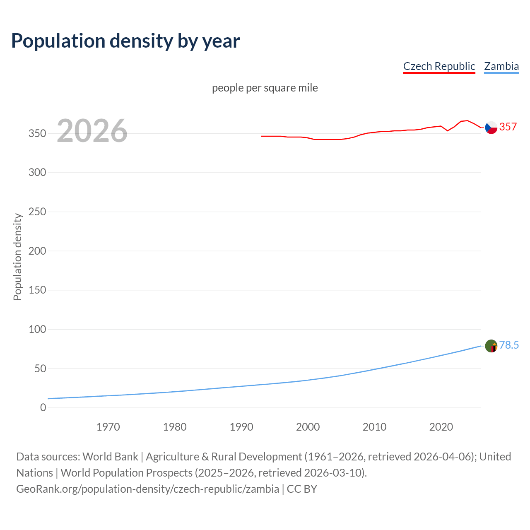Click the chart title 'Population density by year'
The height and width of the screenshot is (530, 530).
125,41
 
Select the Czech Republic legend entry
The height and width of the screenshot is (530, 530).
439,66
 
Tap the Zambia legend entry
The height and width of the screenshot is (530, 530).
501,66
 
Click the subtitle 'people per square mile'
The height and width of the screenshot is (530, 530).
265,88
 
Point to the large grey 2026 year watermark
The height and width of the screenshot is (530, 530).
92,131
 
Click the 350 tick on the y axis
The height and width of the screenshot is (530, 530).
37,133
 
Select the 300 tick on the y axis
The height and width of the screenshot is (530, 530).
37,172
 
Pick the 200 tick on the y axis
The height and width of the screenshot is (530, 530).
37,251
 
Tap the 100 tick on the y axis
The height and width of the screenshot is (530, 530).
37,330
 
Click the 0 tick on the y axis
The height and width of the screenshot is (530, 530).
43,408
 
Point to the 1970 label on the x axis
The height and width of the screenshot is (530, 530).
108,427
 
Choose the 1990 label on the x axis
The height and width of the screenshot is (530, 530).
241,427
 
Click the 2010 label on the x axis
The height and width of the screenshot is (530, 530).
374,427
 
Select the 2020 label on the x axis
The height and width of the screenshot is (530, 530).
441,427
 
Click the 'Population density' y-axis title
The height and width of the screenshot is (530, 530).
17,257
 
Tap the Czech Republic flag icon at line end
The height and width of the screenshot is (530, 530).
491,128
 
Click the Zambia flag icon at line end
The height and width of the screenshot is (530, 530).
491,346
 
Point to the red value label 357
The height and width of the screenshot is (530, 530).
508,127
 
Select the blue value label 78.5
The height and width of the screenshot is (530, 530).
509,345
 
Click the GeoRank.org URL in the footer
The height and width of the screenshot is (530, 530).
147,489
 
